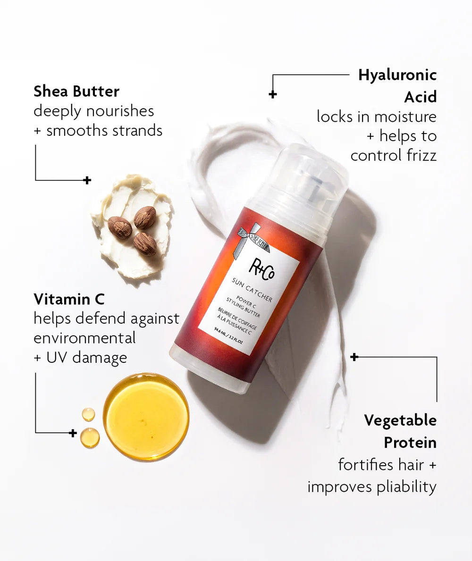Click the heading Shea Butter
[76, 91]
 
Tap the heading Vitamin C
[69, 299]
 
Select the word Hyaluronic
[397, 75]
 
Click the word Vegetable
[400, 420]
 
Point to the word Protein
[410, 443]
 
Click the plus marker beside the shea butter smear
[87, 180]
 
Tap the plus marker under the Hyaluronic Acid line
[273, 94]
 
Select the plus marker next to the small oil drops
[73, 433]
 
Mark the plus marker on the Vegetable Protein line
[354, 357]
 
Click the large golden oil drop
[146, 417]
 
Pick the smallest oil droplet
[88, 414]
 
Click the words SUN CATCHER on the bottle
[252, 289]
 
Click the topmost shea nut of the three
[144, 218]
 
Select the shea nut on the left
[119, 227]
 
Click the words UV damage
[86, 358]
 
